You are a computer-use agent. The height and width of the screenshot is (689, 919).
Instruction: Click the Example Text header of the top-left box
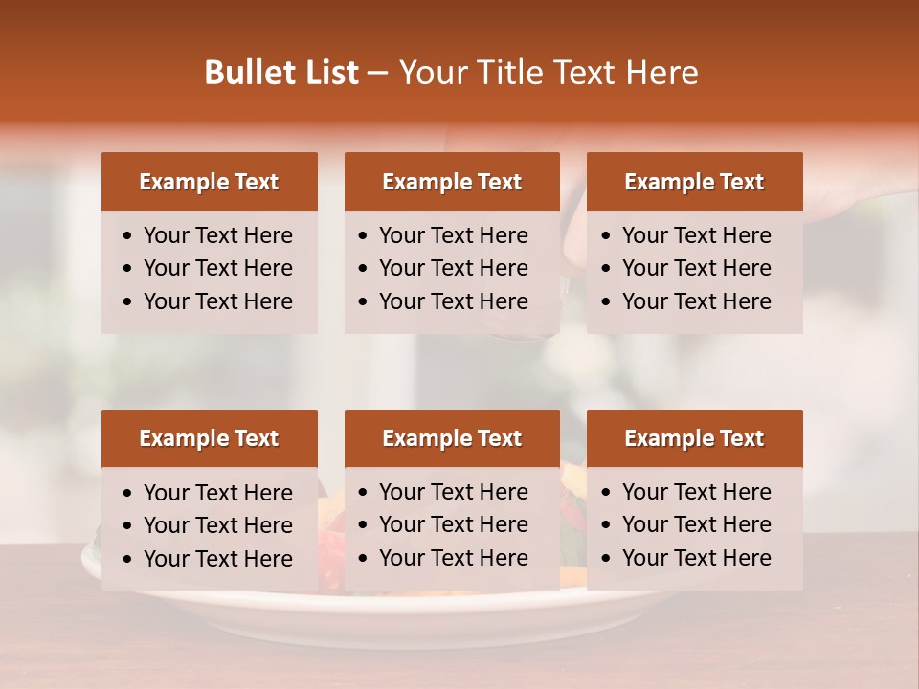(209, 182)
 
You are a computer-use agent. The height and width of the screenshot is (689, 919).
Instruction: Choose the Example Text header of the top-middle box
(452, 182)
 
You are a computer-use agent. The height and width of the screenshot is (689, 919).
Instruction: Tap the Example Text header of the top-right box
(694, 182)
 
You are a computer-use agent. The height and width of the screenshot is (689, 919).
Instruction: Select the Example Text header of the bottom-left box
(209, 438)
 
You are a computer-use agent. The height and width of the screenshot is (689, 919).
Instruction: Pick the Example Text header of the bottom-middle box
(452, 438)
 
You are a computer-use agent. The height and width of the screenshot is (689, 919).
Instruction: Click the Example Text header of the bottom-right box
(694, 438)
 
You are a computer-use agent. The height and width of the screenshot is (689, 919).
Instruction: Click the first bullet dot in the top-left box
(128, 236)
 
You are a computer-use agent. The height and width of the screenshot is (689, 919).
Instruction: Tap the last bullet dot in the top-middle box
(364, 302)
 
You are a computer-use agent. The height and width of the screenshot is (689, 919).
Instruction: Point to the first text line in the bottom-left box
(217, 493)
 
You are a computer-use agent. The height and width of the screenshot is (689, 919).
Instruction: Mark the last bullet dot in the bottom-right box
(607, 559)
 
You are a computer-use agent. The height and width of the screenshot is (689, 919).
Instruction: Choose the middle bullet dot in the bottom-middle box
(364, 525)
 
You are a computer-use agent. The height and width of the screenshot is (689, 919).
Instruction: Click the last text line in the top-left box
(217, 301)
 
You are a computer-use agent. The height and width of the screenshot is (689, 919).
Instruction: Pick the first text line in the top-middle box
(453, 235)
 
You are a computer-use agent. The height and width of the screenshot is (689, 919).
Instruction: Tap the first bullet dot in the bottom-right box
(607, 493)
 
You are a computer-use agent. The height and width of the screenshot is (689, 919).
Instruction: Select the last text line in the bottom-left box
(217, 559)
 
